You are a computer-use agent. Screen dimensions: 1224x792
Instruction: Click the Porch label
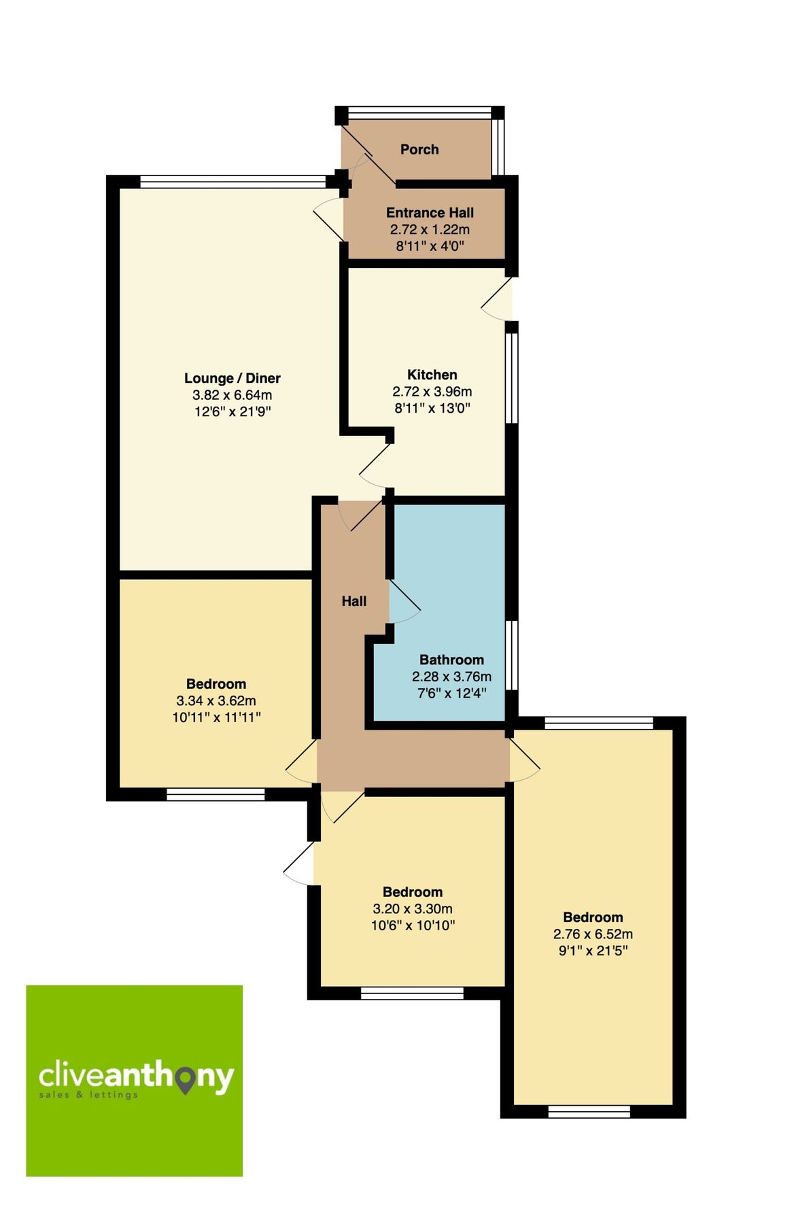pyautogui.click(x=419, y=150)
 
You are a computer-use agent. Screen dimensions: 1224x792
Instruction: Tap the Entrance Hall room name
pyautogui.click(x=430, y=213)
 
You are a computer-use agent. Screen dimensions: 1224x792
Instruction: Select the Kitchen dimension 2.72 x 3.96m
pyautogui.click(x=432, y=392)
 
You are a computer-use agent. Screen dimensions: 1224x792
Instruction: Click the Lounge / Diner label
pyautogui.click(x=233, y=379)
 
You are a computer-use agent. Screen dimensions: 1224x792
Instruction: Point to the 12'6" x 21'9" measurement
pyautogui.click(x=233, y=411)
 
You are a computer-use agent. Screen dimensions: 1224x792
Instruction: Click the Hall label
pyautogui.click(x=354, y=601)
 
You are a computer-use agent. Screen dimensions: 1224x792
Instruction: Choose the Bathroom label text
pyautogui.click(x=451, y=660)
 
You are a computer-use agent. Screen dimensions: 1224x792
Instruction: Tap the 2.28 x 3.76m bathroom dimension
pyautogui.click(x=451, y=677)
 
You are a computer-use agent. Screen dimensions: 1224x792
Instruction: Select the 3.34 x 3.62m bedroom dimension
pyautogui.click(x=216, y=700)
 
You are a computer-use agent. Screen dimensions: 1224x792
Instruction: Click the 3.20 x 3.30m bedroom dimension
pyautogui.click(x=413, y=908)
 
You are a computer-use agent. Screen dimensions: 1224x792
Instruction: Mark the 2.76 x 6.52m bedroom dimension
pyautogui.click(x=593, y=934)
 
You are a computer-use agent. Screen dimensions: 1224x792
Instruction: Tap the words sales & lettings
pyautogui.click(x=88, y=1095)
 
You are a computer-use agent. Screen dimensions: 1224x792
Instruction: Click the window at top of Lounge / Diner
pyautogui.click(x=233, y=182)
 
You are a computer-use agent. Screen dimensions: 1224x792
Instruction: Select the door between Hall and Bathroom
pyautogui.click(x=404, y=602)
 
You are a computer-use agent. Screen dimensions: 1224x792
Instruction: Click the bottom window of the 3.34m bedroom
pyautogui.click(x=216, y=794)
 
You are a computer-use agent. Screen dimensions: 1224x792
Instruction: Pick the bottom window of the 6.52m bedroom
pyautogui.click(x=589, y=1112)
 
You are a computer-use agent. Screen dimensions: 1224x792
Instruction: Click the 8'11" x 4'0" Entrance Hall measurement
pyautogui.click(x=430, y=246)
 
